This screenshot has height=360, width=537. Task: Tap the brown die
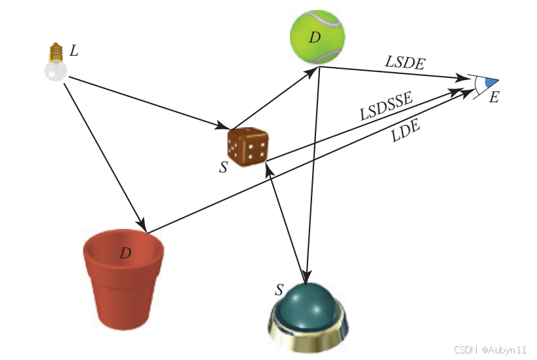point(247,146)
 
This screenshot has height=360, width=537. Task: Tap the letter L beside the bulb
point(74,50)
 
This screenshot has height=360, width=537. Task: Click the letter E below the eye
point(494,98)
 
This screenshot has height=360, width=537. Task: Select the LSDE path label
point(405,63)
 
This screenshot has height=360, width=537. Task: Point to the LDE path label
point(405,132)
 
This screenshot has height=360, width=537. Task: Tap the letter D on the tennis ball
point(315,37)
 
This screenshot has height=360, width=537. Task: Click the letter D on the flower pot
point(125,253)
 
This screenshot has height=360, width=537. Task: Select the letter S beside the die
point(224,167)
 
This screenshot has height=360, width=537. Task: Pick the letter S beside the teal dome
point(279,289)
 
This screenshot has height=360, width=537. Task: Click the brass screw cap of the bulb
point(56,51)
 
